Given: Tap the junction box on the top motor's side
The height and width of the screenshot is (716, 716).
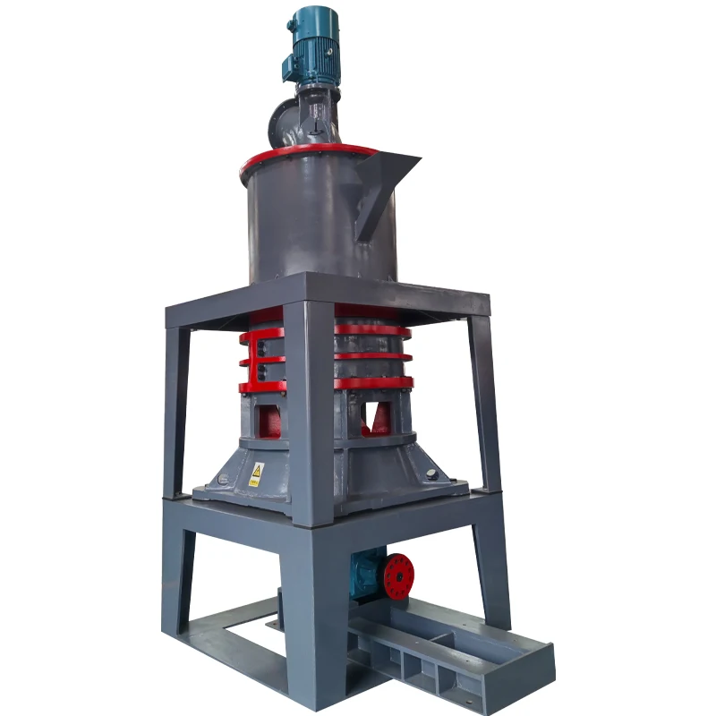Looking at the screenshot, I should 292,64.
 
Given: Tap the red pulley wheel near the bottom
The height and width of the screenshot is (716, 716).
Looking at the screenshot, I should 398,575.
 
